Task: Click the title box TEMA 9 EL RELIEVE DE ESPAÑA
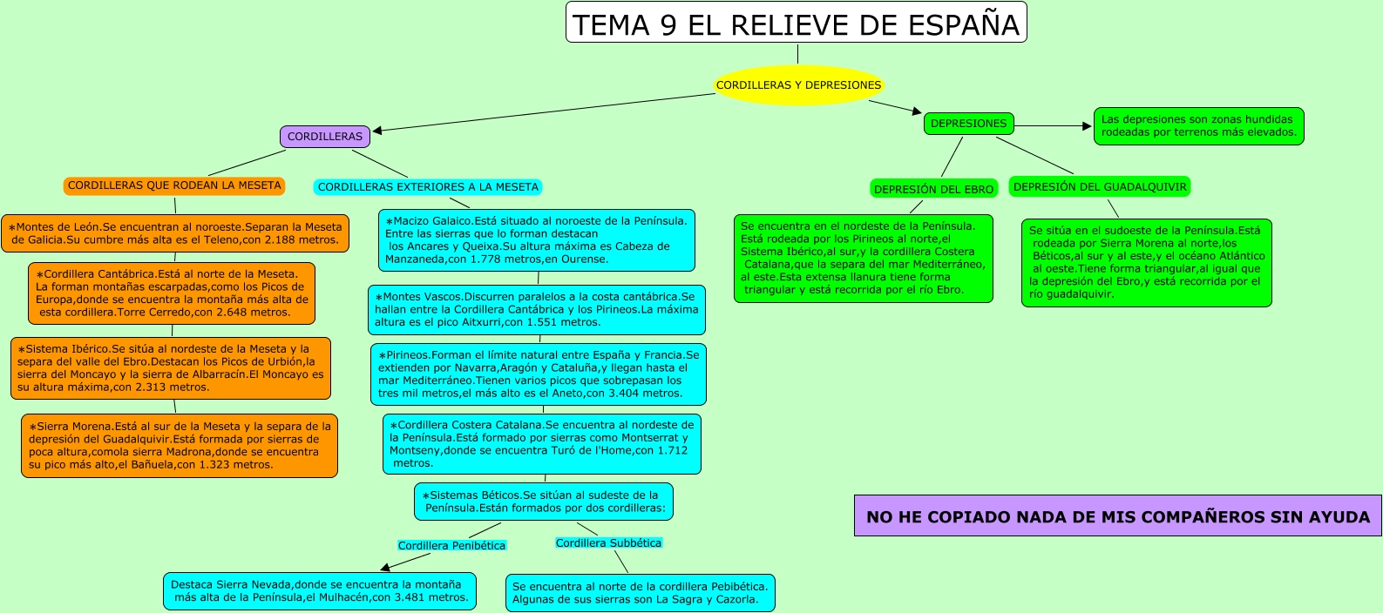796,24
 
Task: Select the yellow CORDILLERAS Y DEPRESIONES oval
799,85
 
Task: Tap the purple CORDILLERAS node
325,137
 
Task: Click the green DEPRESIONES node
968,124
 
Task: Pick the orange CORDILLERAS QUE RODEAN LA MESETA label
174,185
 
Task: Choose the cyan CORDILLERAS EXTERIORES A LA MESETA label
428,187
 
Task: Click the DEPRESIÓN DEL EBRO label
933,189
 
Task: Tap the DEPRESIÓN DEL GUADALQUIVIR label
1100,186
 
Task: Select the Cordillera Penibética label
451,546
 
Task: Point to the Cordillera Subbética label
608,543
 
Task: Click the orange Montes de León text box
175,233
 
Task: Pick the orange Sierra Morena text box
180,446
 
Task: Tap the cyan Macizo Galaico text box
537,240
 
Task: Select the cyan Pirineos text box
539,374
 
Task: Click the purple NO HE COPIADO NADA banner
1117,516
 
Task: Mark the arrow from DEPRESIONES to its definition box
1053,126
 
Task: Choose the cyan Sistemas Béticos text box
544,502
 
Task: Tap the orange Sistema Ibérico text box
171,368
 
